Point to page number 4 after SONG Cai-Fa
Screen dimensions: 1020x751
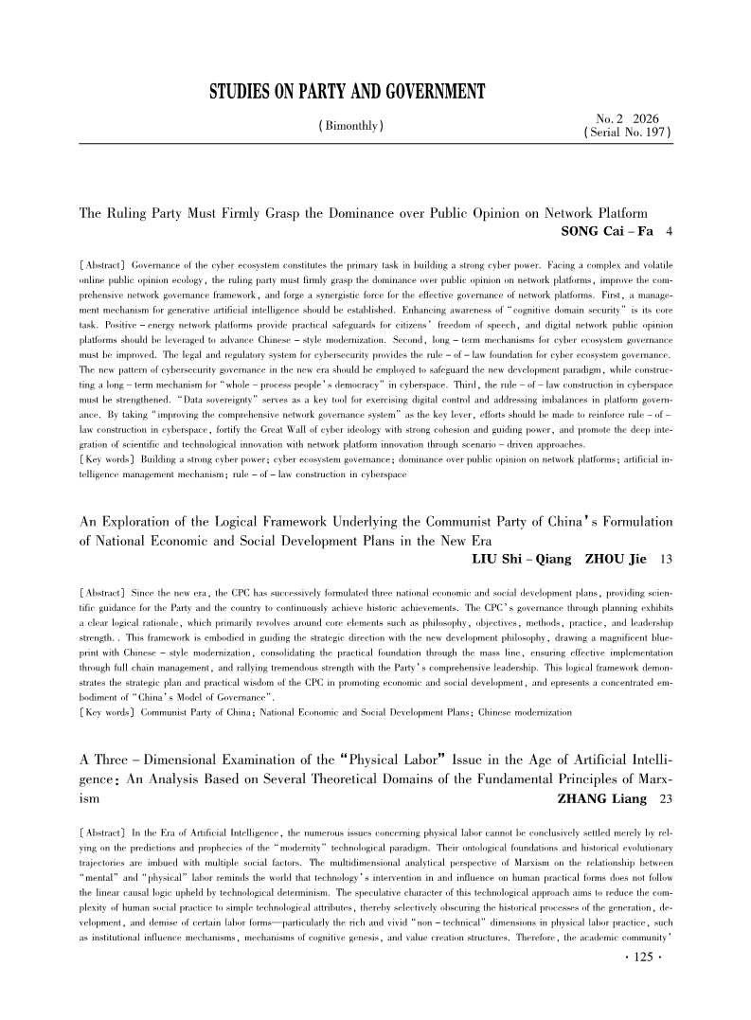670,231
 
